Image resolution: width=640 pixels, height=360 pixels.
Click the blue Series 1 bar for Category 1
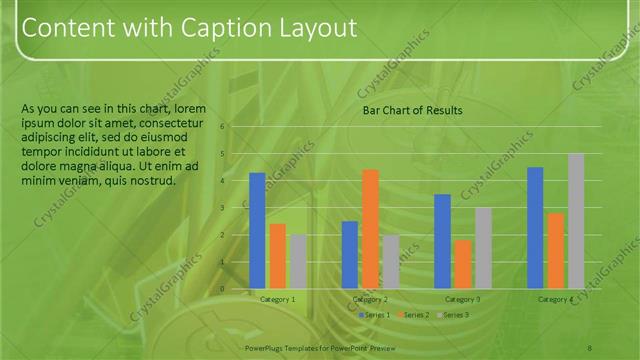(257, 230)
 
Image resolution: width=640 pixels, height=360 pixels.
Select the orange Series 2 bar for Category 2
(370, 228)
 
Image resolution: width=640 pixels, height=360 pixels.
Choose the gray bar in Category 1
(298, 261)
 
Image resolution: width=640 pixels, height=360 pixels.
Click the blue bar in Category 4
(535, 227)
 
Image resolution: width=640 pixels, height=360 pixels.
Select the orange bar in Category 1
(278, 255)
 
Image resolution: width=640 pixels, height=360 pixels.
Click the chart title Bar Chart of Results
(412, 110)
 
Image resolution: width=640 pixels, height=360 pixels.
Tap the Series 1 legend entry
(376, 315)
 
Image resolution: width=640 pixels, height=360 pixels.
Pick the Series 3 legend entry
(455, 315)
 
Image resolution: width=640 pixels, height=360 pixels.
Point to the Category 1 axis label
(277, 299)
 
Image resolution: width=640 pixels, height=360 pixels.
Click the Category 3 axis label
(462, 299)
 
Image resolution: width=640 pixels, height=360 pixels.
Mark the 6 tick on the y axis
(223, 127)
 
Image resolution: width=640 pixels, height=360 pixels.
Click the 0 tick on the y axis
(223, 288)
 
